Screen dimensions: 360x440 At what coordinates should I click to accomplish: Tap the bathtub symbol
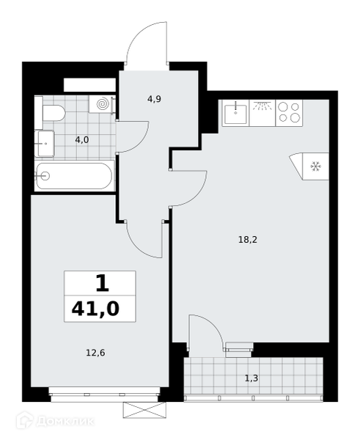(x=74, y=176)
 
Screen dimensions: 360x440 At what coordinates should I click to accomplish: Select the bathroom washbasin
(x=45, y=144)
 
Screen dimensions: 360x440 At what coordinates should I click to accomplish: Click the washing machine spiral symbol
(x=102, y=104)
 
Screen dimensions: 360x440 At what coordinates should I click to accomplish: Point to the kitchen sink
(x=235, y=113)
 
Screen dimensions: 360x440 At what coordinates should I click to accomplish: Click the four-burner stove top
(x=289, y=113)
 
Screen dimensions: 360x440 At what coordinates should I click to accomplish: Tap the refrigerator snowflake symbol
(x=315, y=166)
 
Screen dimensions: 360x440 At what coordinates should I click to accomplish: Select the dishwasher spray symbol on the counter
(x=262, y=106)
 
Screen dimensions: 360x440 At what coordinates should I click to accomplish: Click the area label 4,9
(x=154, y=99)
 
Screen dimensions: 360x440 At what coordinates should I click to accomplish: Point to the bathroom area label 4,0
(x=82, y=139)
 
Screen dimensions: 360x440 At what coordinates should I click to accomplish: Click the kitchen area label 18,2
(x=248, y=240)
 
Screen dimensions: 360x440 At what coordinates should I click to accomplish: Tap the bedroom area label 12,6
(x=95, y=353)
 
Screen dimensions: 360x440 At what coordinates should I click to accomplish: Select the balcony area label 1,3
(x=251, y=378)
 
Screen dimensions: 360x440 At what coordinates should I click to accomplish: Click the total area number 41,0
(x=95, y=309)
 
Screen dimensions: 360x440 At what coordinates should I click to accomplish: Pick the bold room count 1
(x=102, y=283)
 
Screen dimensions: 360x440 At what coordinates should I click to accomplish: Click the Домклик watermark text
(x=65, y=421)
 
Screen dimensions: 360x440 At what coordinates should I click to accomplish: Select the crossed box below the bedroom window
(x=144, y=410)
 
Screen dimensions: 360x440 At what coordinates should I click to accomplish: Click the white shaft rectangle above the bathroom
(x=89, y=85)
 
